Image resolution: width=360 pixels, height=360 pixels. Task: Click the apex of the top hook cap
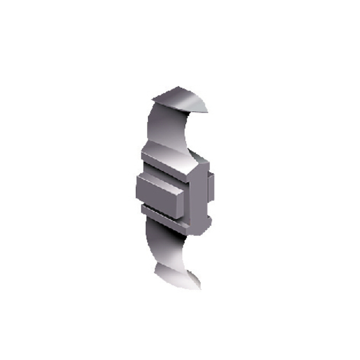[x=178, y=87]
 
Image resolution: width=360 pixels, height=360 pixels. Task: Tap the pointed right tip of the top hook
[x=208, y=111]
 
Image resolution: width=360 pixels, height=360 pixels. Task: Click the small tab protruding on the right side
[x=211, y=187]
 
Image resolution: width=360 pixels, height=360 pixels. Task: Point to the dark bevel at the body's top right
[x=200, y=158]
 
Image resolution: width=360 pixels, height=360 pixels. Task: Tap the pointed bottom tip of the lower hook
[x=200, y=288]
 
